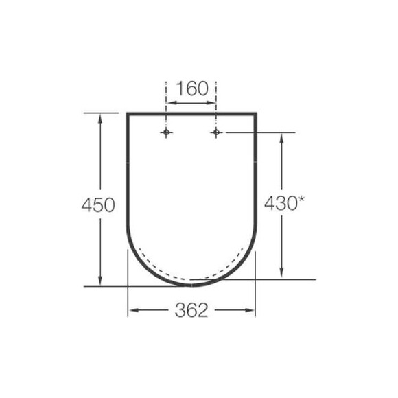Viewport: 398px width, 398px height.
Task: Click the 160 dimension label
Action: tap(192, 89)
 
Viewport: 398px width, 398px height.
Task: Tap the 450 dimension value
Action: tap(98, 205)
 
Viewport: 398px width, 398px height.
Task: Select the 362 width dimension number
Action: tap(191, 310)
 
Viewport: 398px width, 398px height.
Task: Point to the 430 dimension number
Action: tap(281, 203)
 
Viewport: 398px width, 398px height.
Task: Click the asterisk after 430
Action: tap(301, 199)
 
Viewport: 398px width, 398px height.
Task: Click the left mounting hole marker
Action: tap(166, 132)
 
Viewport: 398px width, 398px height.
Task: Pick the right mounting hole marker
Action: tap(216, 132)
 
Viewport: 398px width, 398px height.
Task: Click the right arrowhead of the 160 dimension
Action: tap(211, 103)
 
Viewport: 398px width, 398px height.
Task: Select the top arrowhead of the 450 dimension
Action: tap(100, 119)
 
